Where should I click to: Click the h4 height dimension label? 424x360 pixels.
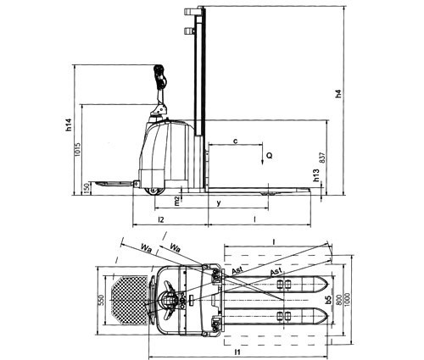click(338, 94)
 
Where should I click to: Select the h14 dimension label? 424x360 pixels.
click(69, 125)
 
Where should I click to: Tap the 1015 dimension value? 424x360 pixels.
click(77, 149)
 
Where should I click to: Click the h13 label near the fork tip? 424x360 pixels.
click(315, 175)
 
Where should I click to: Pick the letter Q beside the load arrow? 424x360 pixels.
click(270, 155)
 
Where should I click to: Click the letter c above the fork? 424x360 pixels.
click(236, 141)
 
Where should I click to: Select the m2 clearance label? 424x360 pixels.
click(176, 201)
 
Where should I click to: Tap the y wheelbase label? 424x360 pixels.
click(218, 203)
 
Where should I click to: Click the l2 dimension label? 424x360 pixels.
click(161, 219)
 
